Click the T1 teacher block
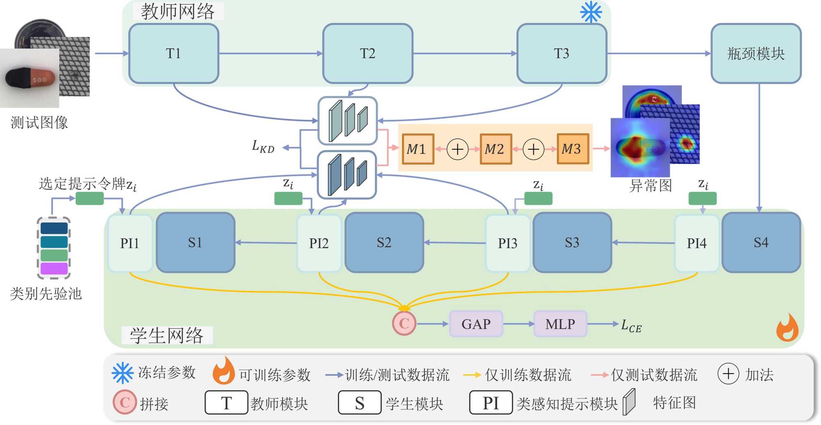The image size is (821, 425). tap(174, 53)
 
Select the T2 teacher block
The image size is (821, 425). tap(367, 53)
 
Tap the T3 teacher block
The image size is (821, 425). tap(562, 53)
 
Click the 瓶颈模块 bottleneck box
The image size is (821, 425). tap(756, 53)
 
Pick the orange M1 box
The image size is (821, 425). tap(417, 149)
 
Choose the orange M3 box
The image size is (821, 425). tap(572, 149)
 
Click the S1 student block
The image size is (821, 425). tap(195, 242)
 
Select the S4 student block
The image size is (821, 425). tap(761, 242)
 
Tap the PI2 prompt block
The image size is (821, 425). tap(319, 243)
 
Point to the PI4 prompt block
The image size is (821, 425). tap(697, 243)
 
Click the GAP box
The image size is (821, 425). tap(476, 324)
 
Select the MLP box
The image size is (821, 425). tap(560, 324)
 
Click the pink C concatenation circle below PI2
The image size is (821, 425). tap(404, 324)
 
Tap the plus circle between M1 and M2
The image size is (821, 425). tap(457, 149)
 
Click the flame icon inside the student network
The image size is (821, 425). tap(787, 328)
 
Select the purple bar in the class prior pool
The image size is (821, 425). tap(54, 269)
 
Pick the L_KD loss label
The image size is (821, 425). tap(263, 146)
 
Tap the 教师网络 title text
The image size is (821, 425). tap(178, 11)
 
